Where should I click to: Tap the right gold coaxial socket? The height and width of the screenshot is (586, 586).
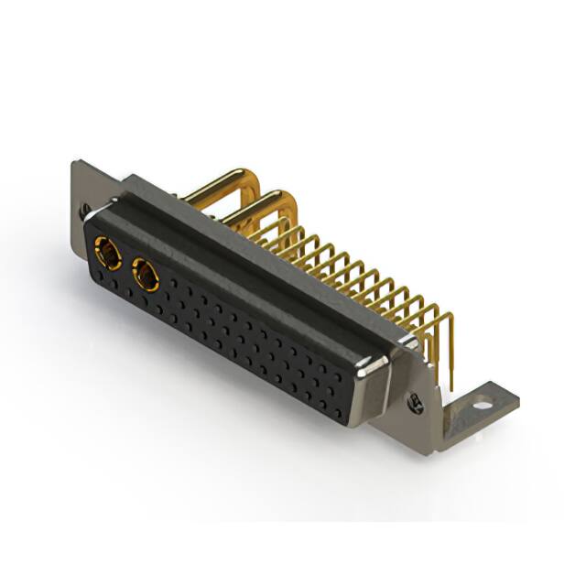(146, 274)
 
